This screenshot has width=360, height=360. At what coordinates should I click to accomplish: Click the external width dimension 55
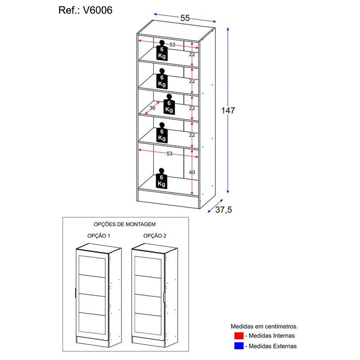click(185, 18)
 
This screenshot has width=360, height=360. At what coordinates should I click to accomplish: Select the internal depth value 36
click(153, 108)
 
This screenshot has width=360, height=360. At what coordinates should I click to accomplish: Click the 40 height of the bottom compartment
click(192, 172)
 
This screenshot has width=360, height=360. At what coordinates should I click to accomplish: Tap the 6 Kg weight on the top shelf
click(162, 52)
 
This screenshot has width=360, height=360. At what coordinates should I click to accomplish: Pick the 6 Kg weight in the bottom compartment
click(162, 180)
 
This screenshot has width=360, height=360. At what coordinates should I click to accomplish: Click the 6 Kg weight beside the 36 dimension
click(169, 106)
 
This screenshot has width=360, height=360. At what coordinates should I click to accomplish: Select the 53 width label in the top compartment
click(172, 45)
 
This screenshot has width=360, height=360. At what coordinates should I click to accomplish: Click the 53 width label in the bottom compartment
click(169, 154)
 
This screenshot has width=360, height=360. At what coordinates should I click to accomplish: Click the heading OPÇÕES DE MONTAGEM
click(125, 224)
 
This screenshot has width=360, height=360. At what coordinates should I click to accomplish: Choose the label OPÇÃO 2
click(155, 236)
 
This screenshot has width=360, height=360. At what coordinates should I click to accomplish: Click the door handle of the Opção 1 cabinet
click(75, 294)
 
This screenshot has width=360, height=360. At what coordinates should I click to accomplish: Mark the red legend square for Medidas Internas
click(238, 336)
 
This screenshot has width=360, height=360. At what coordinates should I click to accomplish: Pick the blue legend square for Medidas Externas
click(238, 346)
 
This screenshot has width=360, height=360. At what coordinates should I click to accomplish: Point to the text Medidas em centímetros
click(264, 326)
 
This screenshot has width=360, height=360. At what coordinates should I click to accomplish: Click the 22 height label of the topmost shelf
click(192, 54)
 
